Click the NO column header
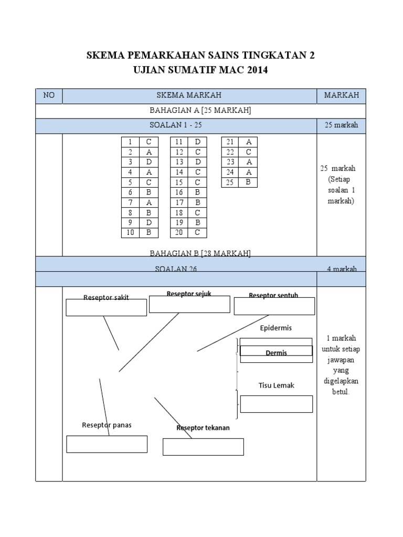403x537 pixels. pyautogui.click(x=49, y=95)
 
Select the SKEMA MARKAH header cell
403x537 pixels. pyautogui.click(x=189, y=95)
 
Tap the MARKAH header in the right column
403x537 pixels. pyautogui.click(x=341, y=95)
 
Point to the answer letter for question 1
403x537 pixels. pyautogui.click(x=149, y=142)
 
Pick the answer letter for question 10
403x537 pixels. pyautogui.click(x=149, y=233)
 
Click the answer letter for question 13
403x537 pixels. pyautogui.click(x=197, y=162)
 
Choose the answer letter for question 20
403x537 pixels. pyautogui.click(x=197, y=233)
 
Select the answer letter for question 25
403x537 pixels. pyautogui.click(x=249, y=182)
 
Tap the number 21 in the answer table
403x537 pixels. pyautogui.click(x=230, y=142)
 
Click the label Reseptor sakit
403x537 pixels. pyautogui.click(x=106, y=298)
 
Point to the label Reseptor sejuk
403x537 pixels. pyautogui.click(x=189, y=294)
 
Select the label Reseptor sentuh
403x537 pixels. pyautogui.click(x=273, y=296)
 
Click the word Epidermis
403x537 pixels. pyautogui.click(x=276, y=328)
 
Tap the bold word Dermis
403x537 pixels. pyautogui.click(x=277, y=353)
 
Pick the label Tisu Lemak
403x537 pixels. pyautogui.click(x=277, y=385)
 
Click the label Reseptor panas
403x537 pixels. pyautogui.click(x=107, y=425)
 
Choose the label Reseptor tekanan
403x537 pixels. pyautogui.click(x=203, y=428)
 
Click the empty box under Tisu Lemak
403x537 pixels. pyautogui.click(x=277, y=404)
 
